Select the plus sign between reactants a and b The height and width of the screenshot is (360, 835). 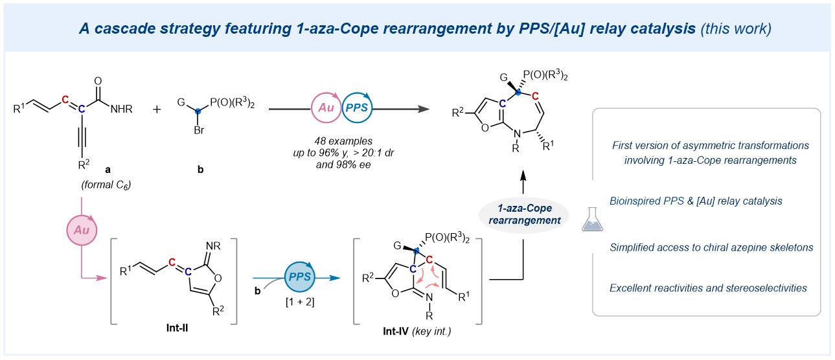click(157, 109)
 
